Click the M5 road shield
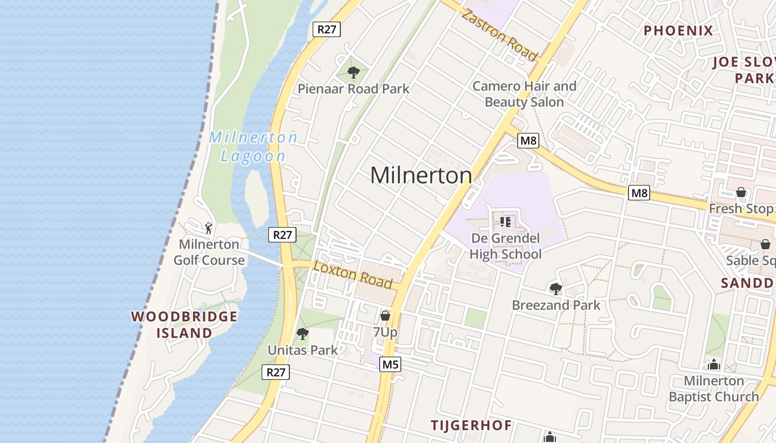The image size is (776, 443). point(390,364)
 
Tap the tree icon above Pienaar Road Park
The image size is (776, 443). point(353,73)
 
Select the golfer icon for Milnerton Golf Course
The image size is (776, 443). point(208,228)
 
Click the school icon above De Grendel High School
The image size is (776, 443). point(505,222)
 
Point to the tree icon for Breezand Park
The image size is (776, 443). point(555,289)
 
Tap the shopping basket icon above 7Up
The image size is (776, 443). point(385,316)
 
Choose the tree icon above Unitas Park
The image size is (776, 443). point(303,334)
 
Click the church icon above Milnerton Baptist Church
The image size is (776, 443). point(714,364)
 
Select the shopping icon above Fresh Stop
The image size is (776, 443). point(741,192)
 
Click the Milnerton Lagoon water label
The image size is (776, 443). point(253,147)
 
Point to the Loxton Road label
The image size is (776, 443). point(353,274)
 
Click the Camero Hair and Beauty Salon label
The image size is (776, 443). point(524,94)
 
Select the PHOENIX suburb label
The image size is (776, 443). point(678,30)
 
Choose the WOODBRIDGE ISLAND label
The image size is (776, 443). point(184,324)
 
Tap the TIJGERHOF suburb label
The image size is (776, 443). point(472,425)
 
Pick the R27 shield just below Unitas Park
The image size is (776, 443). point(275,372)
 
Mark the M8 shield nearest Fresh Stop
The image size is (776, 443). point(639,193)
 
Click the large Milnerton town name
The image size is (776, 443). point(421,176)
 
